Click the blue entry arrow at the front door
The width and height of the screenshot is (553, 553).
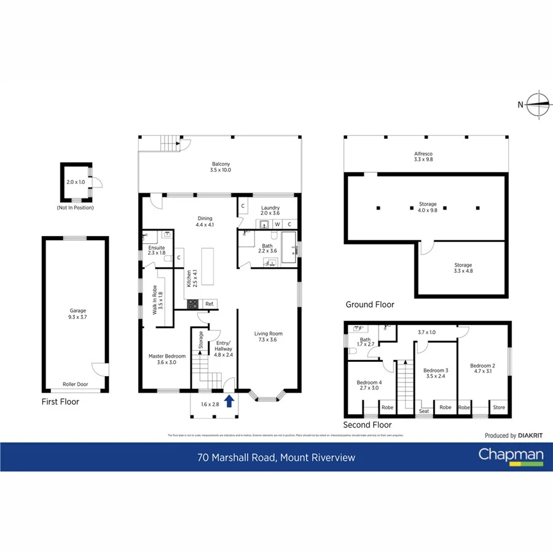point(229,401)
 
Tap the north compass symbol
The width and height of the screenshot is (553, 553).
point(539,104)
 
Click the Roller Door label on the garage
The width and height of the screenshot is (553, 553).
point(75,385)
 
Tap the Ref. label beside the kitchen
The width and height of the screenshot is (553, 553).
point(210,304)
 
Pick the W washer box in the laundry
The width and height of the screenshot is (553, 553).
point(278,224)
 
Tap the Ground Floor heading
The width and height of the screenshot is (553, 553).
point(370,304)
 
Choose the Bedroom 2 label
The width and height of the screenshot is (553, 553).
point(482,367)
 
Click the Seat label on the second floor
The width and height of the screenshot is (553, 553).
point(423,411)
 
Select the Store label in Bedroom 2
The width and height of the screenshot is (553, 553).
point(499,407)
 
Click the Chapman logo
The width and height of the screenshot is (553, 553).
point(511,456)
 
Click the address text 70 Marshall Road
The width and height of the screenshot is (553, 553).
point(239,457)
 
